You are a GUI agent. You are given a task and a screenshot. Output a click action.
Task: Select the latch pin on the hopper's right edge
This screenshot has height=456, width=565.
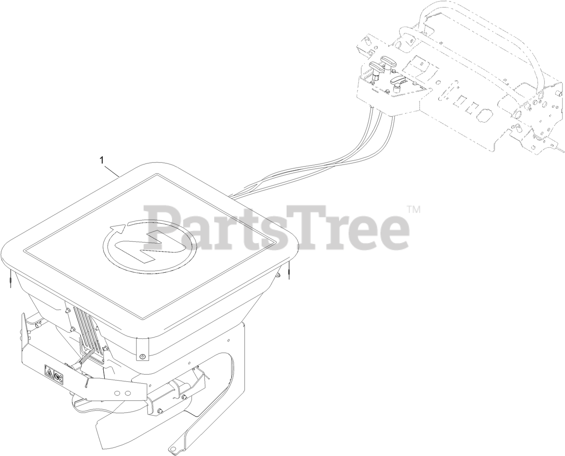(289, 270)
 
